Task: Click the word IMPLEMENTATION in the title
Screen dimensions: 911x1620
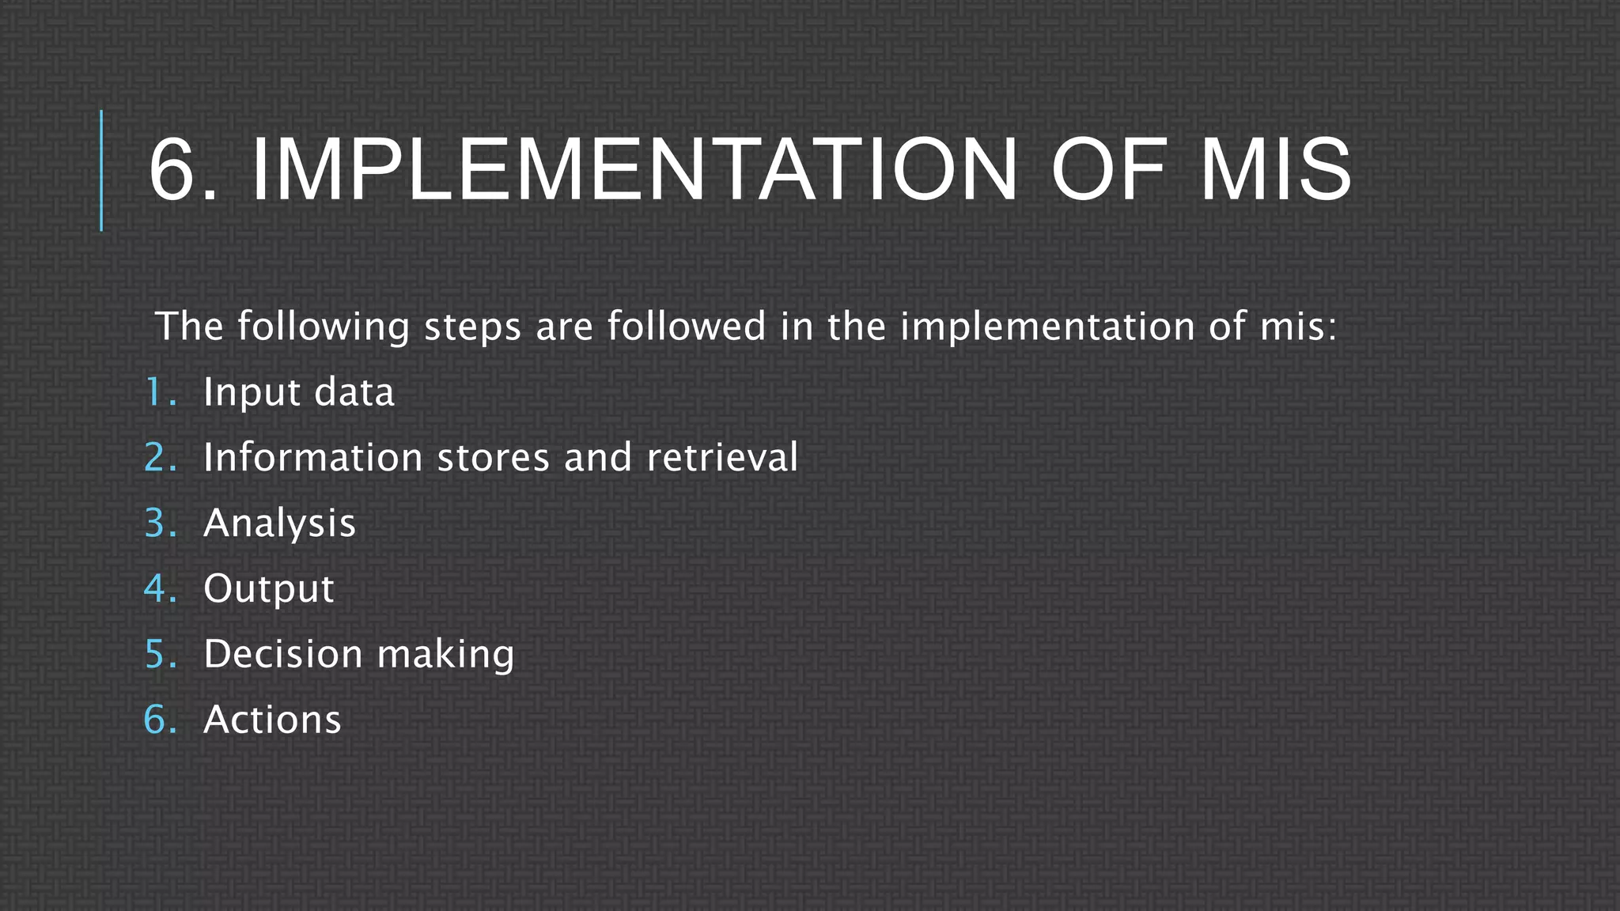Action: pos(634,170)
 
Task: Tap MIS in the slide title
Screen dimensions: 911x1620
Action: pos(1275,170)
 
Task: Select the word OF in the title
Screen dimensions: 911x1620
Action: pos(1107,170)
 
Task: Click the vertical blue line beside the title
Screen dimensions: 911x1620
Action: pos(101,170)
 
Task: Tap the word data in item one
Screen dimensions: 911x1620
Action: pos(354,392)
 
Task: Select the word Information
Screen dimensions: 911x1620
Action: pos(312,458)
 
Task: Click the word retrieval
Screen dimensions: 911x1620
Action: pos(722,458)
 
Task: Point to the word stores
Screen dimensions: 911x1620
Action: pos(493,458)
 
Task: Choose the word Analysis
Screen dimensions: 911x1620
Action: pos(279,524)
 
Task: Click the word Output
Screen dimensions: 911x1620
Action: pos(269,589)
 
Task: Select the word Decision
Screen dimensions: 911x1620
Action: pos(283,655)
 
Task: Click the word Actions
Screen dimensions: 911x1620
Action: pos(272,720)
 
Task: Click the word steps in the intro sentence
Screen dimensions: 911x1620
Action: pos(472,327)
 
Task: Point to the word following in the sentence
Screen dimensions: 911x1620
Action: pos(323,327)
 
